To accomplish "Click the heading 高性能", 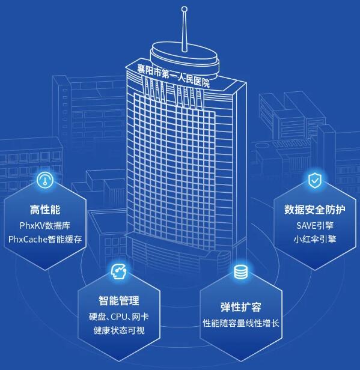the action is (x=45, y=210).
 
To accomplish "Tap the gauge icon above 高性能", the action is (x=45, y=180).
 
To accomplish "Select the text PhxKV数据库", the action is (x=45, y=226).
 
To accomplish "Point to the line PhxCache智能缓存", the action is (x=45, y=239).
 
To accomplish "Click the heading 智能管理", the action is (x=119, y=300).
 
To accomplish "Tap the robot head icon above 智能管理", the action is (x=119, y=271).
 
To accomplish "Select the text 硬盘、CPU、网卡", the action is (x=119, y=317).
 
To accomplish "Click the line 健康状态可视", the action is (x=119, y=330).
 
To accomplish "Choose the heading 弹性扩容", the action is (x=241, y=307).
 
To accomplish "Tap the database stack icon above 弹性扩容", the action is (x=241, y=272).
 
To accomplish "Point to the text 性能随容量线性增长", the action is (x=241, y=323).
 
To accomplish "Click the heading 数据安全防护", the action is (x=315, y=210).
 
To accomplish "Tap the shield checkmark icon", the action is (x=315, y=181).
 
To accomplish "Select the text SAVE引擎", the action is (x=315, y=226).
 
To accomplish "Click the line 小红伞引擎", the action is (x=315, y=239).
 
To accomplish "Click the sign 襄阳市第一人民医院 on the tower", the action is (x=174, y=76).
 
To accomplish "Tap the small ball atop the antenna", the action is (x=185, y=9).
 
